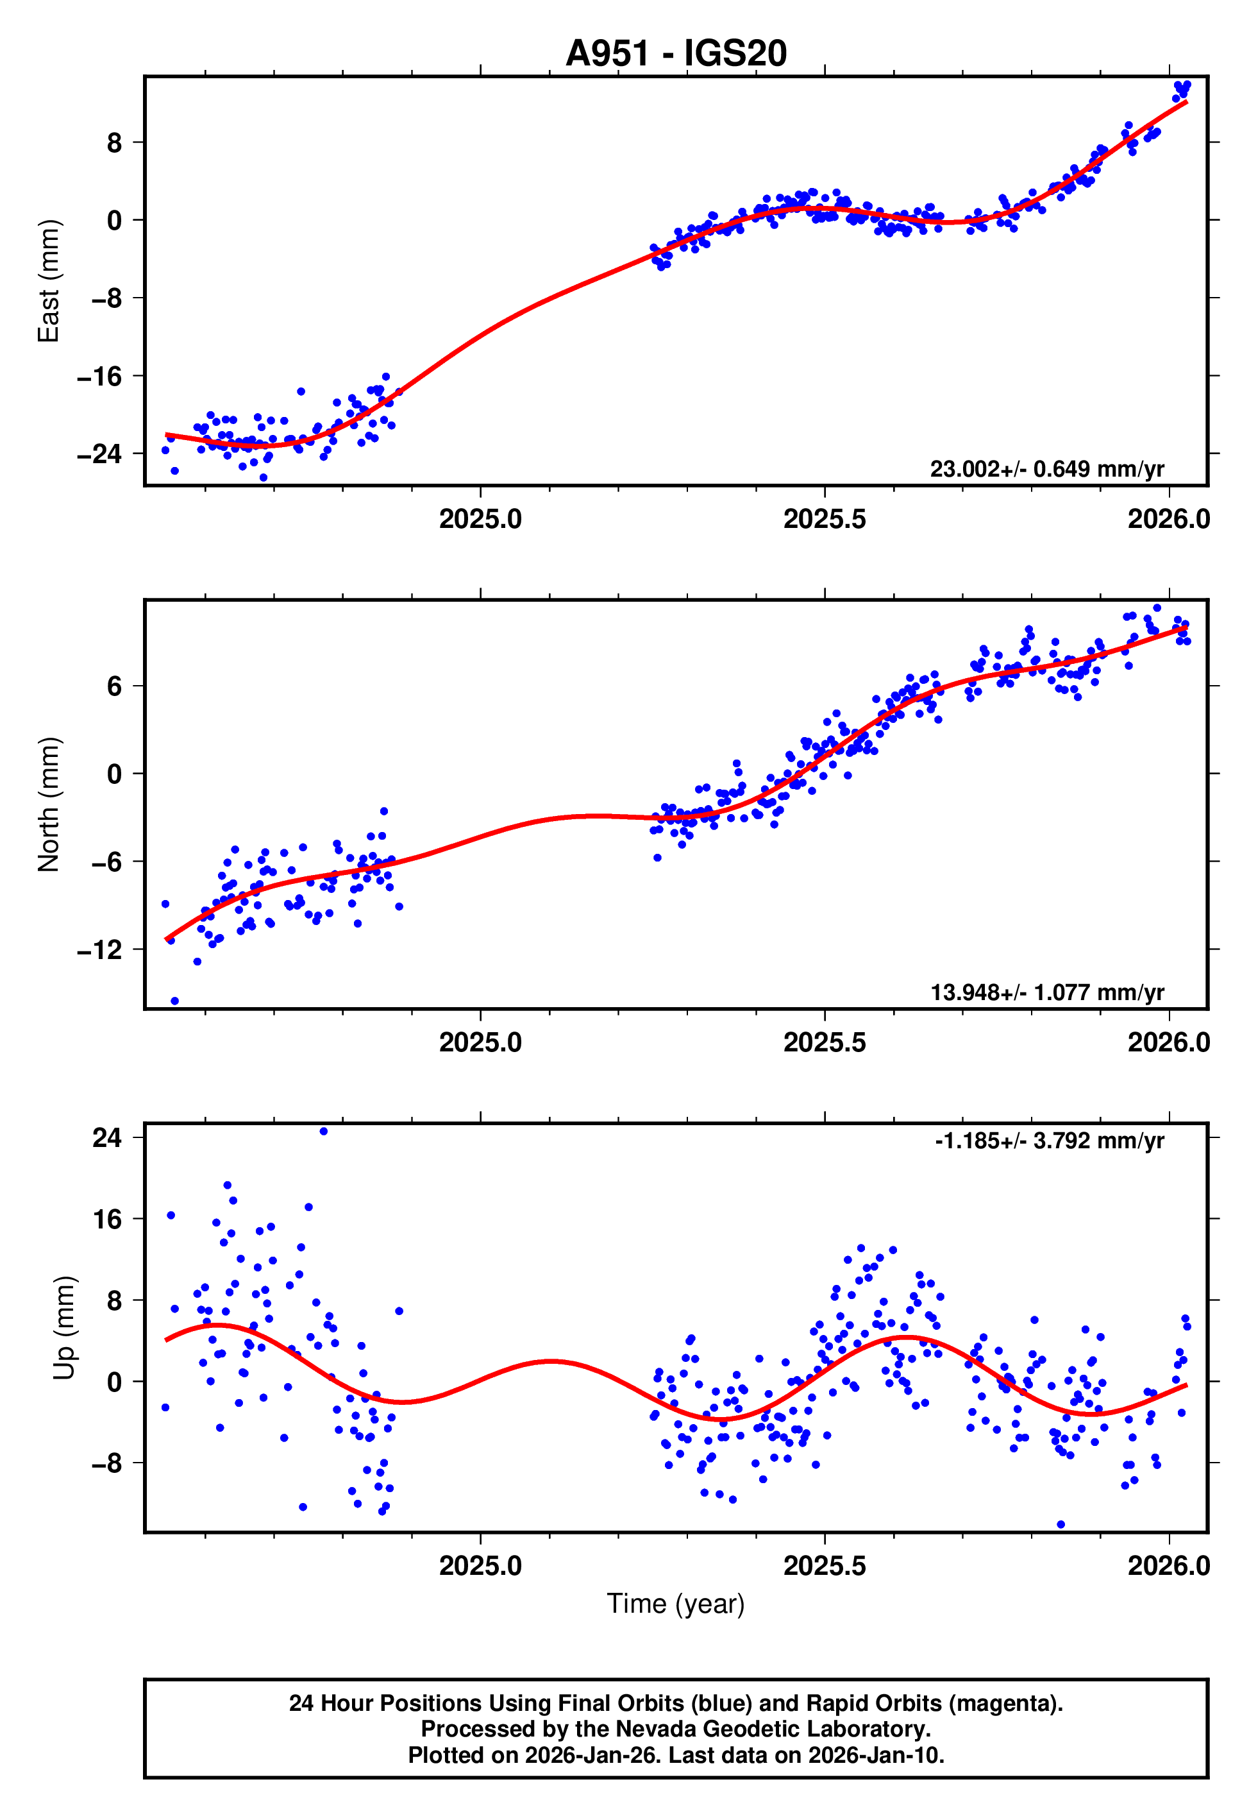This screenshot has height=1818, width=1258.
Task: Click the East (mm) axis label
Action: coord(49,281)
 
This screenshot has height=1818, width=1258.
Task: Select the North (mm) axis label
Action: coord(49,804)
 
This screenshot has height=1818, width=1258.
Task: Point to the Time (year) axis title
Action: coord(676,1604)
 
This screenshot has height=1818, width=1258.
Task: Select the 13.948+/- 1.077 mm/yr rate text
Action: coord(1047,992)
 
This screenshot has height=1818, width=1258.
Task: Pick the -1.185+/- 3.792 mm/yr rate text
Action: coord(1049,1141)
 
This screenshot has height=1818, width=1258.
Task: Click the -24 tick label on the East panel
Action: coord(99,454)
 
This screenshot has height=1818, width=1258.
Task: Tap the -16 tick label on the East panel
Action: coord(99,376)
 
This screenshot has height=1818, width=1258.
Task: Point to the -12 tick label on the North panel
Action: coord(99,950)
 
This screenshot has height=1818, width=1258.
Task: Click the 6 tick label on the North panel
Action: coord(115,686)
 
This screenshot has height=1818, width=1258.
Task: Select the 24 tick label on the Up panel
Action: coord(107,1137)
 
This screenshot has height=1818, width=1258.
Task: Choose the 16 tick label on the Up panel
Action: coord(107,1219)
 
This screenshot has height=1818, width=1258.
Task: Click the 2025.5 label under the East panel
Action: coord(824,520)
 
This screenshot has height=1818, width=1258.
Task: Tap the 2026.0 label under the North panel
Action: coord(1168,1043)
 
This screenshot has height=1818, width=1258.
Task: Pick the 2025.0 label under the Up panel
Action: coord(480,1566)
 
